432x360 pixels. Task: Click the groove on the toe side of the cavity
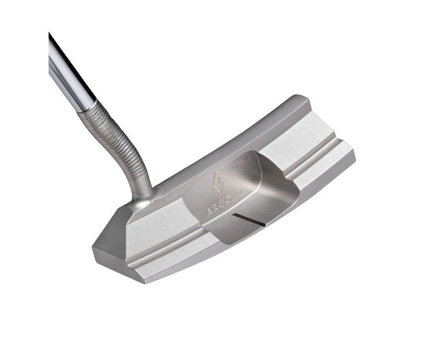click(317, 156)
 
